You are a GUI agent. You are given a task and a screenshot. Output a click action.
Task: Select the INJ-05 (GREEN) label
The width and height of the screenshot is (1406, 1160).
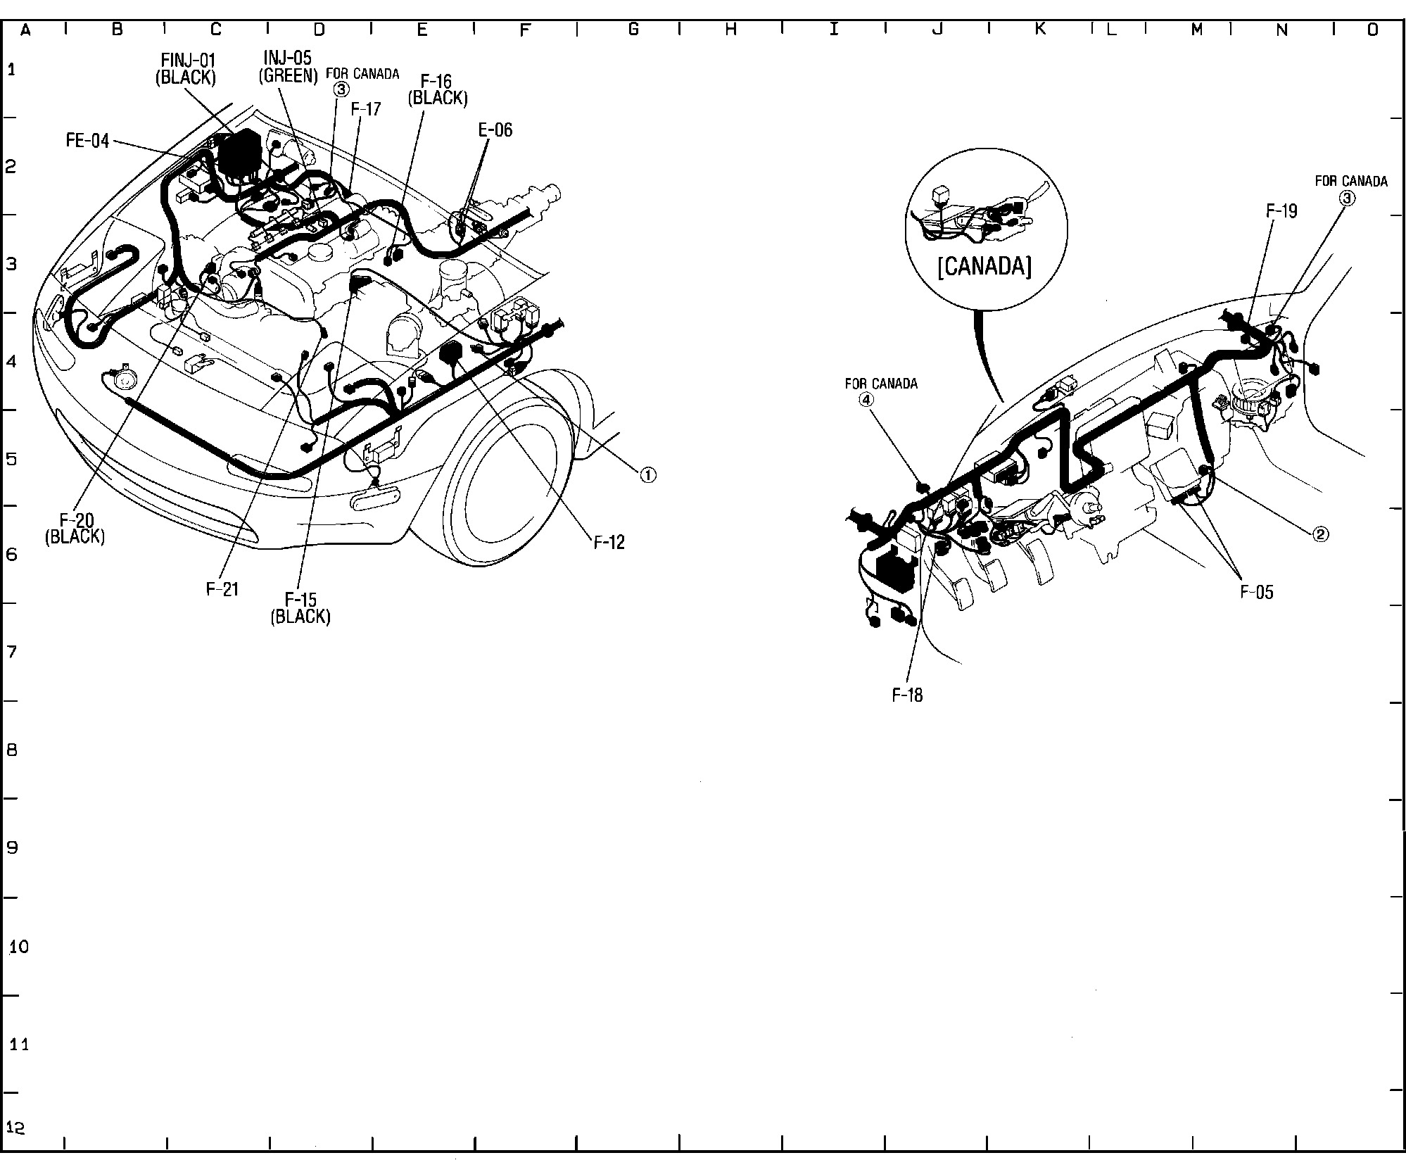pyautogui.click(x=287, y=66)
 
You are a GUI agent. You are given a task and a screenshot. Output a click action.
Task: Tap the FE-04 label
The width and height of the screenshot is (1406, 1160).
pyautogui.click(x=88, y=141)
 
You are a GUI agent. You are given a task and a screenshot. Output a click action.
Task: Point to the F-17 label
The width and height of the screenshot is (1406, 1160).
pyautogui.click(x=366, y=109)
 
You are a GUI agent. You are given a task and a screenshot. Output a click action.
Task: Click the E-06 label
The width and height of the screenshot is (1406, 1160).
pyautogui.click(x=495, y=130)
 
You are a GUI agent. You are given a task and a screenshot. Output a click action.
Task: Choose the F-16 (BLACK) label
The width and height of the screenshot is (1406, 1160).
pyautogui.click(x=437, y=90)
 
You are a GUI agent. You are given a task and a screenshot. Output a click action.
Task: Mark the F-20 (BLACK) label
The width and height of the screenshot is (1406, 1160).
pyautogui.click(x=75, y=528)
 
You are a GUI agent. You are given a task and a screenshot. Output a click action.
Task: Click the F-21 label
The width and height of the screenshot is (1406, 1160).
pyautogui.click(x=222, y=590)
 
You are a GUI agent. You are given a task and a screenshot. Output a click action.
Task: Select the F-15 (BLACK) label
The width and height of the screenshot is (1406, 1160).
pyautogui.click(x=300, y=608)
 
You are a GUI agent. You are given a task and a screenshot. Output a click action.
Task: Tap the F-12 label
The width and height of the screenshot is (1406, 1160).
pyautogui.click(x=609, y=542)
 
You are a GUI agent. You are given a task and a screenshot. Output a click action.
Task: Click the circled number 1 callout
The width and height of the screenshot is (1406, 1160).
pyautogui.click(x=647, y=475)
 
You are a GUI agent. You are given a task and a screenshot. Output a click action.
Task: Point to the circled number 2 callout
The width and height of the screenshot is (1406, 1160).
pyautogui.click(x=1320, y=534)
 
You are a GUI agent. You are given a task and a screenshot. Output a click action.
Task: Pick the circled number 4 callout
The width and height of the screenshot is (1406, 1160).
pyautogui.click(x=866, y=399)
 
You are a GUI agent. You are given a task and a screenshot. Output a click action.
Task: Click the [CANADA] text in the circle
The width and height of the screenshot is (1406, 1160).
pyautogui.click(x=984, y=267)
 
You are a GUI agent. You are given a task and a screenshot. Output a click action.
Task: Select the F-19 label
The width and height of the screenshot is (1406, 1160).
pyautogui.click(x=1281, y=211)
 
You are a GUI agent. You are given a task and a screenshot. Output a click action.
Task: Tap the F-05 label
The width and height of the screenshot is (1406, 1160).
pyautogui.click(x=1257, y=592)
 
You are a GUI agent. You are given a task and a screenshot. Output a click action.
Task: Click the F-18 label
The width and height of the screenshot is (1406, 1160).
pyautogui.click(x=907, y=695)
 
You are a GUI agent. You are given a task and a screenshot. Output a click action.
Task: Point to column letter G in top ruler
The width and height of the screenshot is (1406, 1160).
pyautogui.click(x=633, y=30)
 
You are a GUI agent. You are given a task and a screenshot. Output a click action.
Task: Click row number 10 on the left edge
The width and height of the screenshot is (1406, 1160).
pyautogui.click(x=19, y=947)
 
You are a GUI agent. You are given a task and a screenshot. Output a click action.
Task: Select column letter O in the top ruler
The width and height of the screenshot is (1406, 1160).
pyautogui.click(x=1373, y=30)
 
